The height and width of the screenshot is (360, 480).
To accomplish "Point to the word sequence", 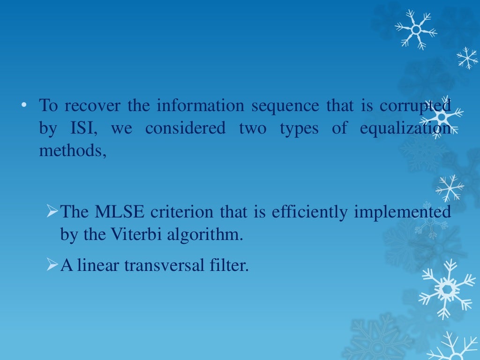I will coord(285,106).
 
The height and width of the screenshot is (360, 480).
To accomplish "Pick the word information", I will coord(200,106).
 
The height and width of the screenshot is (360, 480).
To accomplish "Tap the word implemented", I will coord(402,212).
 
